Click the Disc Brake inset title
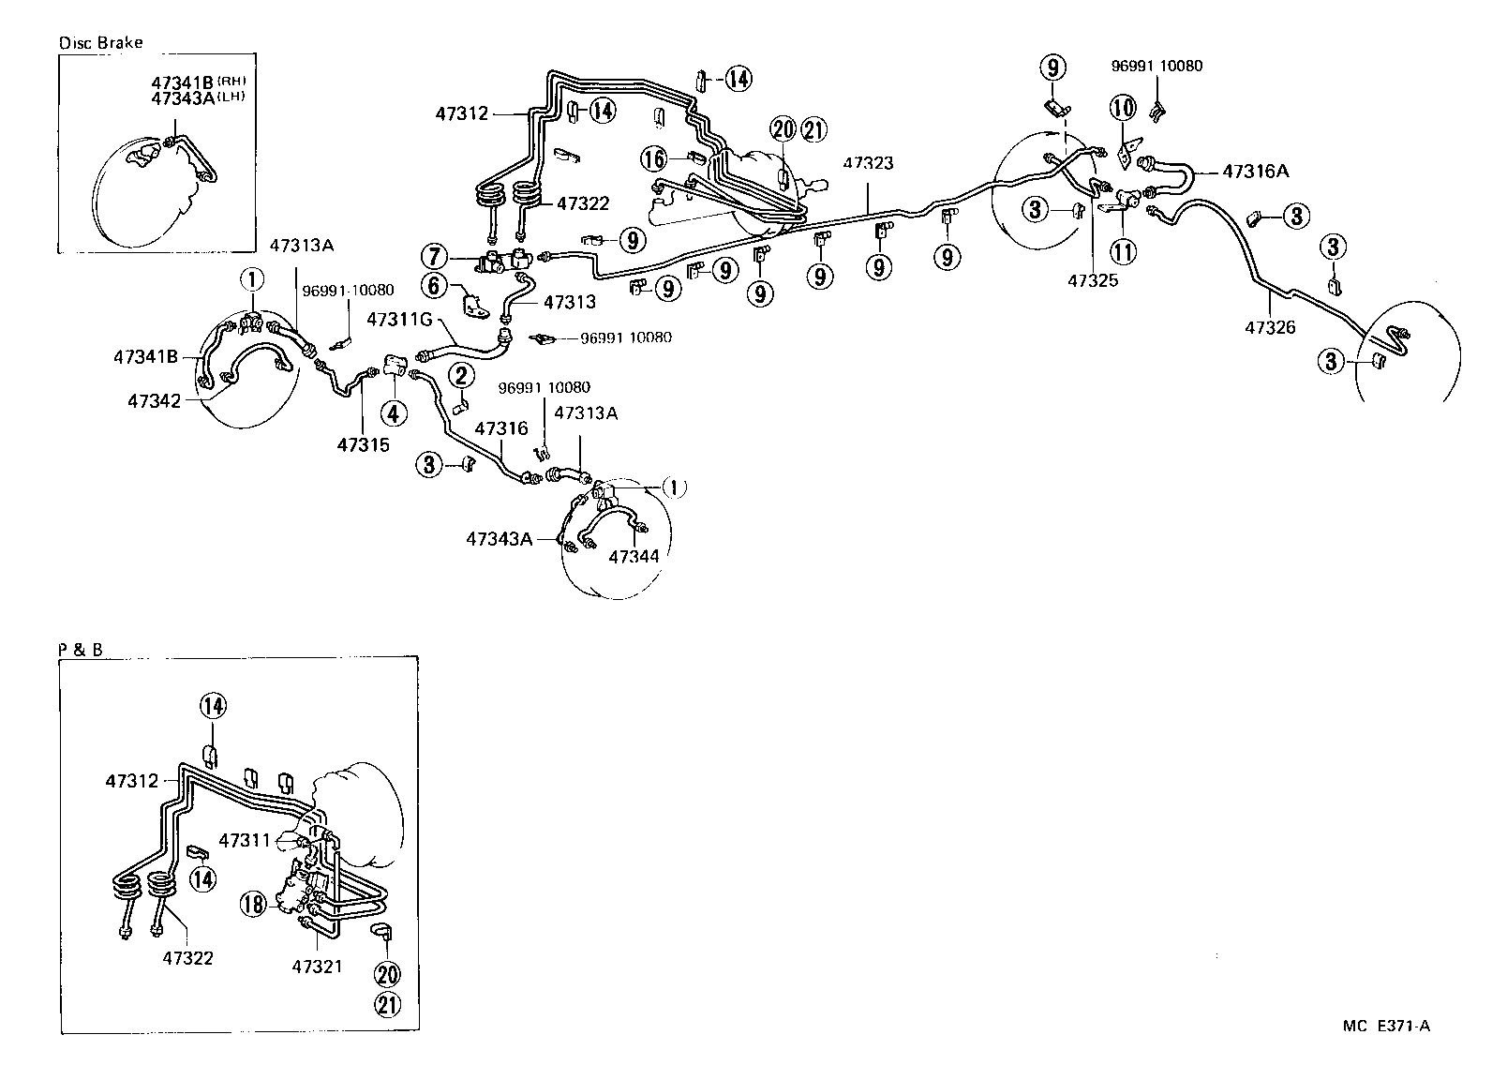pos(100,43)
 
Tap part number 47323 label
pos(867,163)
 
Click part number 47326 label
pos(1270,327)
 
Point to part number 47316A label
pos(1256,172)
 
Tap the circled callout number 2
pos(460,377)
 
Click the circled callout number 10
pos(1123,109)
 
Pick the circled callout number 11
pos(1123,250)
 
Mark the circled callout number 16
pos(654,158)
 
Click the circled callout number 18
pos(253,904)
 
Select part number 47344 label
pos(634,557)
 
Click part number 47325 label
pos(1092,280)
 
